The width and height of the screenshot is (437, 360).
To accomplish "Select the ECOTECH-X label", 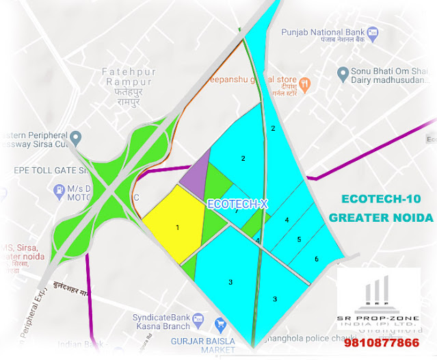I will click(236, 204).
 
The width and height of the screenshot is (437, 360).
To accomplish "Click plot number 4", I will click(287, 220).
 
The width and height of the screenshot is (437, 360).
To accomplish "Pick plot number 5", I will click(300, 240).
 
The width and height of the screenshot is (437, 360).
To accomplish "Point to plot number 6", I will click(317, 259).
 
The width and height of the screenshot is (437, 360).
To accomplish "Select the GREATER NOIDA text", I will click(380, 218).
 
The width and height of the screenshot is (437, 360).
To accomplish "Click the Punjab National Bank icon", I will click(372, 32).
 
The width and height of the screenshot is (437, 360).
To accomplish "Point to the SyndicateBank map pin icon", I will click(198, 318).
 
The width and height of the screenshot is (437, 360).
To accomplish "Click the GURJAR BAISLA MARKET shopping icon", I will click(220, 324).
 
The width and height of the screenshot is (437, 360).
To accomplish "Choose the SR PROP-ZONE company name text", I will click(378, 320).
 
